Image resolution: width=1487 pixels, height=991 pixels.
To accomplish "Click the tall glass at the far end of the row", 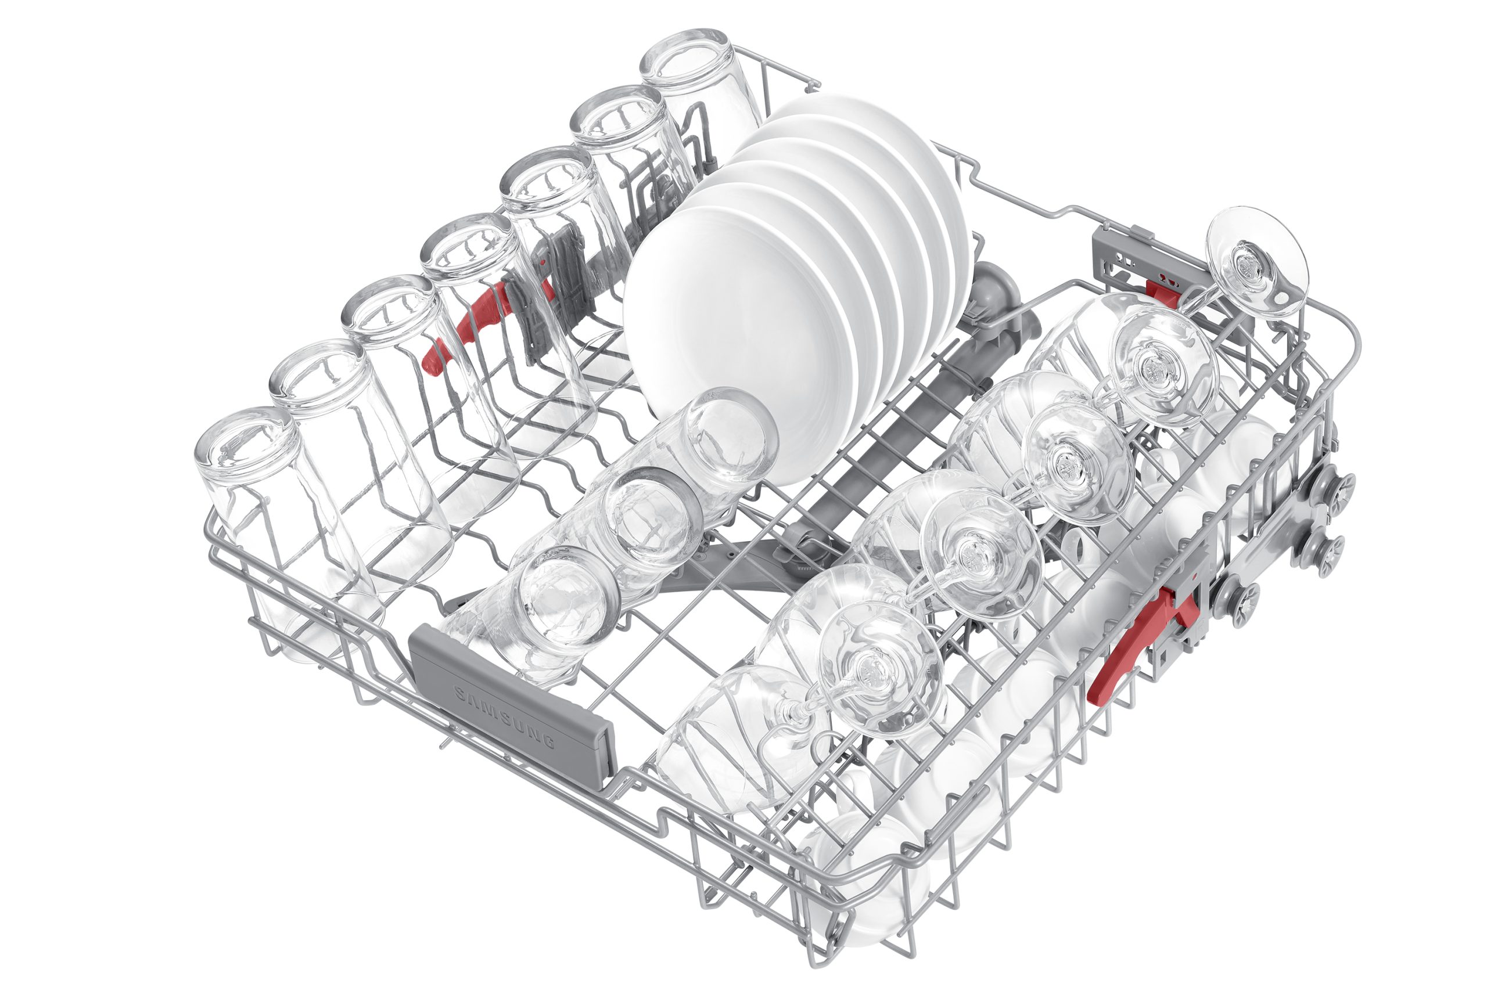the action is tap(702, 88).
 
